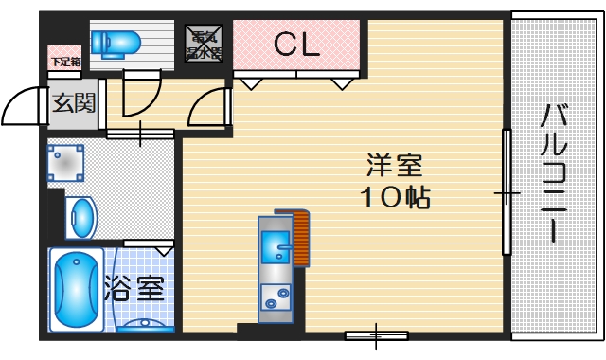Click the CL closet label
click(296, 44)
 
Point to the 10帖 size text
click(396, 198)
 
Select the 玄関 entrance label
click(73, 102)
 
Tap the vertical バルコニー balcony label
click(555, 175)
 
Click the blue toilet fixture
click(116, 42)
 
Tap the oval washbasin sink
click(82, 218)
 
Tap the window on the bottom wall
click(376, 334)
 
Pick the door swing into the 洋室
click(209, 108)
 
